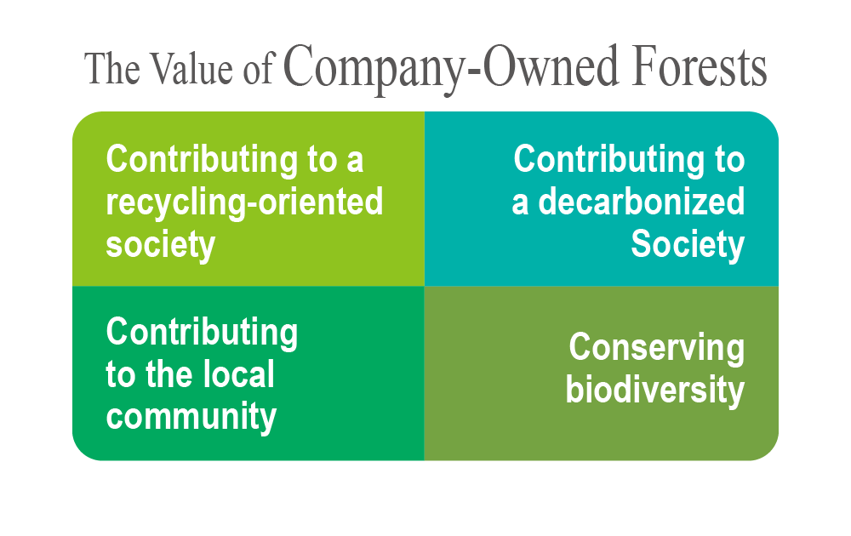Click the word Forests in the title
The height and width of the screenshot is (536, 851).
pyautogui.click(x=700, y=66)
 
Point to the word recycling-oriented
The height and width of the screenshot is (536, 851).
pyautogui.click(x=244, y=203)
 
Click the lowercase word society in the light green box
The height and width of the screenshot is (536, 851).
pyautogui.click(x=161, y=245)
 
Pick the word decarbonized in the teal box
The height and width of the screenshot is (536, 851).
pyautogui.click(x=642, y=202)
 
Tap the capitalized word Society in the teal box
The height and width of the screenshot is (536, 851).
pyautogui.click(x=688, y=245)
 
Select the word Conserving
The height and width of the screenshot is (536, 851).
pyautogui.click(x=657, y=348)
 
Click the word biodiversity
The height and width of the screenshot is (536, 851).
pyautogui.click(x=655, y=390)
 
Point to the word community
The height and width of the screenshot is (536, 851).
pyautogui.click(x=191, y=417)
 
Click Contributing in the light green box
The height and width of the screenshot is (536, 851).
pyautogui.click(x=202, y=160)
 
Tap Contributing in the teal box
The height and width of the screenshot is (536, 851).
pyautogui.click(x=609, y=160)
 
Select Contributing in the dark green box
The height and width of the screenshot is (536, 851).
pyautogui.click(x=202, y=332)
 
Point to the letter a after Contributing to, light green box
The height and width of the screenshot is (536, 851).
pyautogui.click(x=354, y=162)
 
